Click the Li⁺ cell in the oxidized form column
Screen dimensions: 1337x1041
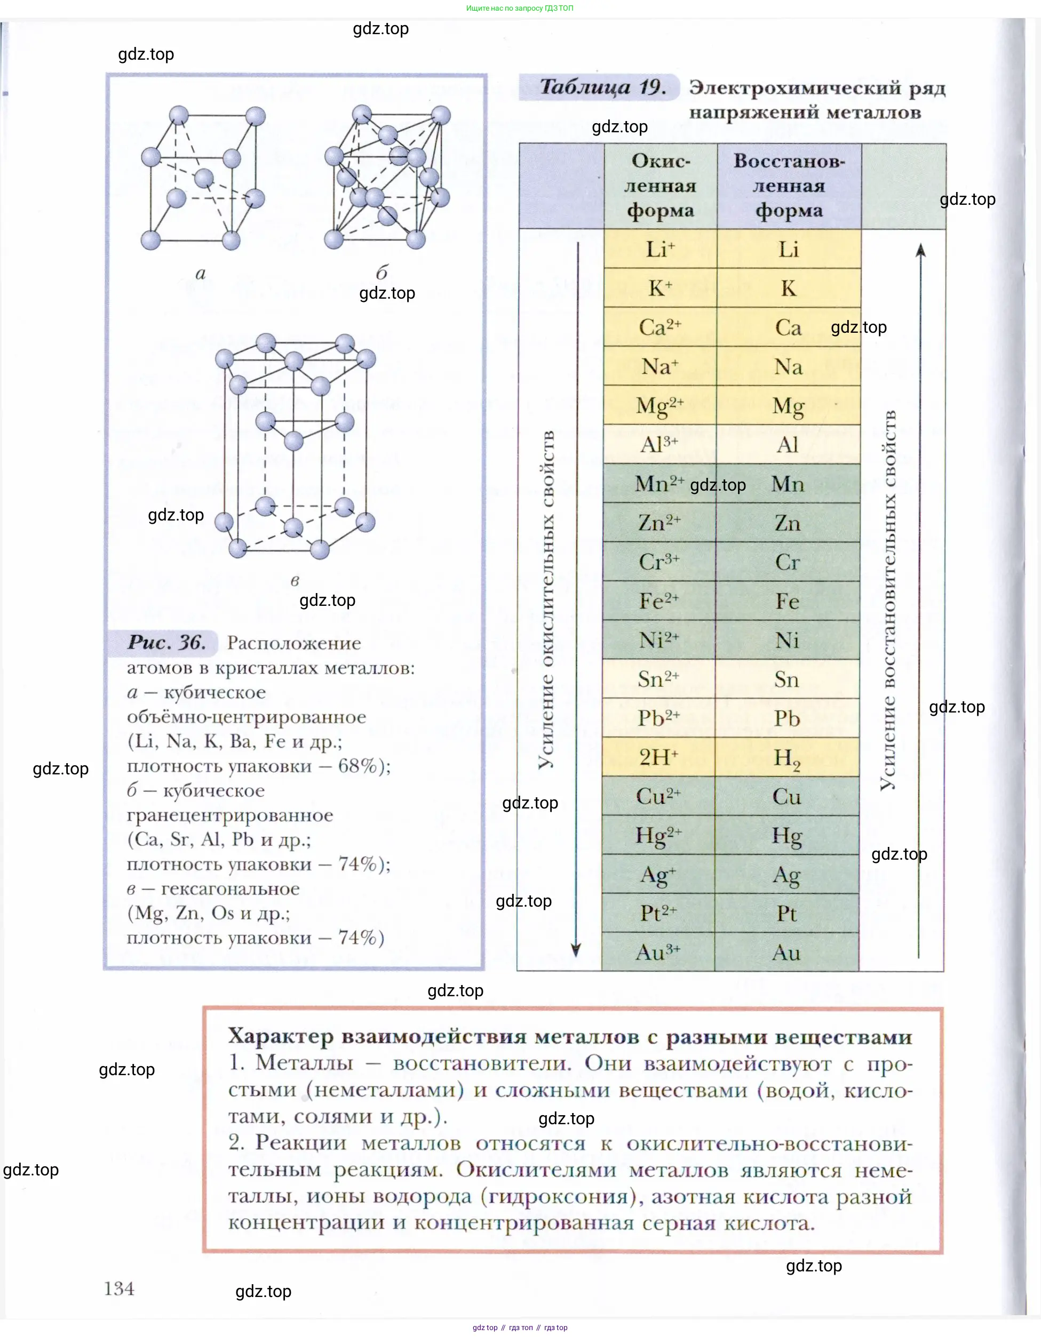point(659,249)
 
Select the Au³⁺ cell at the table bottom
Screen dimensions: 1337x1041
point(658,952)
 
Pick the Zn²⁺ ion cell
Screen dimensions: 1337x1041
point(659,523)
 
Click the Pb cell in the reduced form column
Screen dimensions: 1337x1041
point(787,718)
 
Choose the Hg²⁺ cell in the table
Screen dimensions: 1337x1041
point(658,835)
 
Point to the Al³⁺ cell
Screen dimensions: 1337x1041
point(659,444)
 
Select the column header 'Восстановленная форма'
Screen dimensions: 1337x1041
point(789,186)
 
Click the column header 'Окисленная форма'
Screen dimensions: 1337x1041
point(660,186)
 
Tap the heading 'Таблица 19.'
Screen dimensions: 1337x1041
point(602,87)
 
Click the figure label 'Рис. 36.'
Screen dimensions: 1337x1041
point(166,642)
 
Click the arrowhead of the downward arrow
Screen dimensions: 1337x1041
point(576,949)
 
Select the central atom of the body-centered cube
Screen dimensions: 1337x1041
point(204,179)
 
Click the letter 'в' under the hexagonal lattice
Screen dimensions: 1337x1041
point(295,580)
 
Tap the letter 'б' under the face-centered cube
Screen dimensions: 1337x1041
point(382,272)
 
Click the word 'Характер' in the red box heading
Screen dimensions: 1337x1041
point(281,1036)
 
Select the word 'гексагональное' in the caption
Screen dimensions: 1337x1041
point(231,888)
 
